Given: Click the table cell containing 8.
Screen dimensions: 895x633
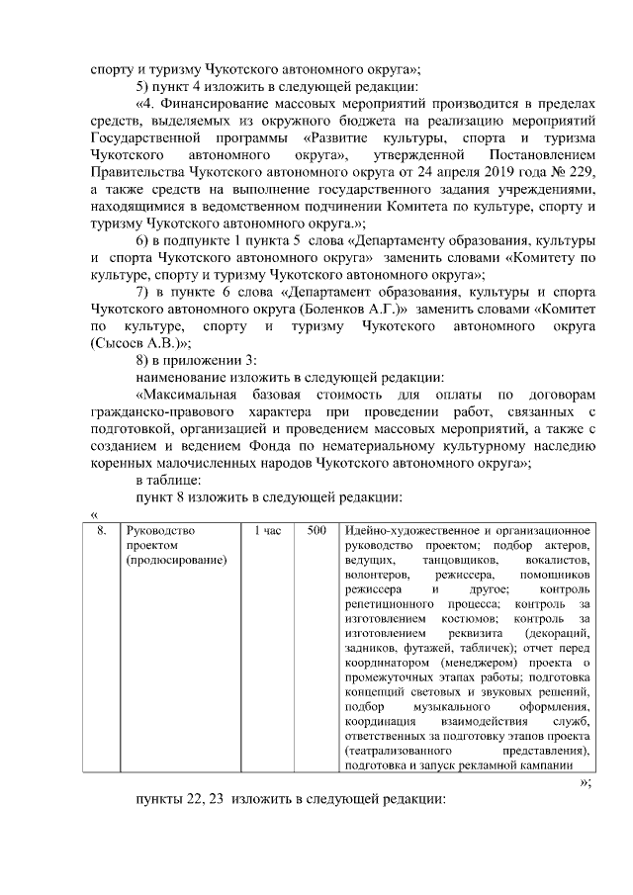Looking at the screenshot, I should pyautogui.click(x=101, y=531).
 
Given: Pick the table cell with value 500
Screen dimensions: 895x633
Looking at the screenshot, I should pyautogui.click(x=316, y=531).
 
